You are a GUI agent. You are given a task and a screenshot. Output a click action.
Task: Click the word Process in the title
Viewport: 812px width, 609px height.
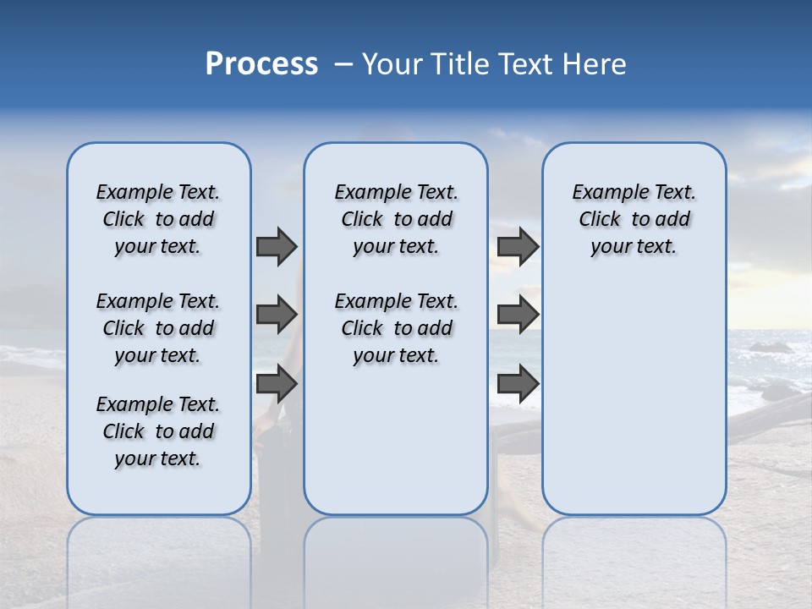click(261, 64)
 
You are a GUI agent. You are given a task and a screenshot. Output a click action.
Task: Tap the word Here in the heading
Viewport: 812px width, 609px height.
click(595, 64)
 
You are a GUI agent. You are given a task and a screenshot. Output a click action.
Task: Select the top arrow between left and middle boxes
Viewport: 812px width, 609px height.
click(277, 246)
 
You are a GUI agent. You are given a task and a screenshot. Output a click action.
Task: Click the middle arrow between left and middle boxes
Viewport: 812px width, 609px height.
click(277, 315)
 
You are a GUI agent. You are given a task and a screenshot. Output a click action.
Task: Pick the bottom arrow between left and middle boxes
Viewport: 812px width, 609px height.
click(277, 384)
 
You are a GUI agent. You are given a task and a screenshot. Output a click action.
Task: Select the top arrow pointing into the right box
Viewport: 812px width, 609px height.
click(518, 246)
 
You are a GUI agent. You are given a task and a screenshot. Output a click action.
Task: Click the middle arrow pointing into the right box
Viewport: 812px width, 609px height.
click(518, 315)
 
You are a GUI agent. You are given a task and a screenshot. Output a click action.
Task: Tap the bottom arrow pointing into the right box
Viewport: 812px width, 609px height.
click(518, 384)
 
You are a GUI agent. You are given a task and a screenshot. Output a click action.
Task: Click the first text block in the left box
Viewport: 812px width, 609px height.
click(158, 219)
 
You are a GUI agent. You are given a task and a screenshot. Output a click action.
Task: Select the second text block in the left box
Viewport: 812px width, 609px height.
click(158, 328)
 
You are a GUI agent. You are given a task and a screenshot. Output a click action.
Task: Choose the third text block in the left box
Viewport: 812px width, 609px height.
click(158, 431)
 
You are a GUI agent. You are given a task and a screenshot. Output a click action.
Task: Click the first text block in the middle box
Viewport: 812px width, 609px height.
click(396, 219)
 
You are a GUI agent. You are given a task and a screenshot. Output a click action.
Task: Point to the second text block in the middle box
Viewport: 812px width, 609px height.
click(396, 328)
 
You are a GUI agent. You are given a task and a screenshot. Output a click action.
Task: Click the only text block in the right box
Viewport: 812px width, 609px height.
click(634, 219)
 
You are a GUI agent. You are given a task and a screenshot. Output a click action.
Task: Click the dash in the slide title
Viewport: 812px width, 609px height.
click(343, 64)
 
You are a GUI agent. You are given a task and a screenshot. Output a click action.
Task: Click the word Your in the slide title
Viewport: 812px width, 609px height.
click(390, 64)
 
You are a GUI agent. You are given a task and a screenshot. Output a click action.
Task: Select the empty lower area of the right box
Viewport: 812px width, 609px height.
click(634, 398)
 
